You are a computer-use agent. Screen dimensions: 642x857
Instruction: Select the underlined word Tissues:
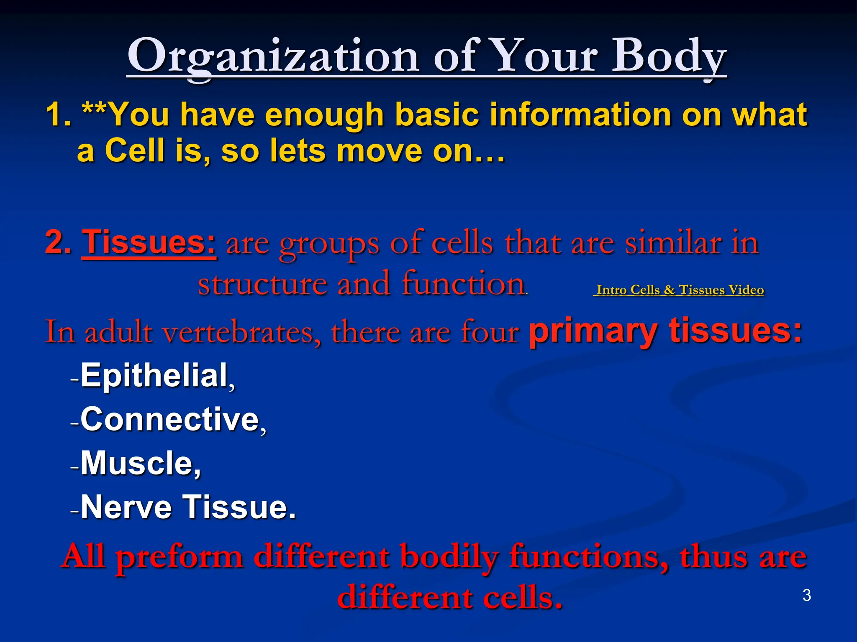tap(149, 242)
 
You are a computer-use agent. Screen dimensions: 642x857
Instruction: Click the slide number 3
tap(807, 595)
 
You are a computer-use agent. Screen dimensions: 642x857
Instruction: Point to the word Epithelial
tap(154, 375)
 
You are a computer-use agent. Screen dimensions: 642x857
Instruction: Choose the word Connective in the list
tap(170, 419)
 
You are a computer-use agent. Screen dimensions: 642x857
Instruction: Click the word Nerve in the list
tap(126, 507)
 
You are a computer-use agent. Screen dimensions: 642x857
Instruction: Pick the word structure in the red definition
tap(262, 284)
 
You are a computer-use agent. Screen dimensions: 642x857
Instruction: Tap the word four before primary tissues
tap(490, 333)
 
